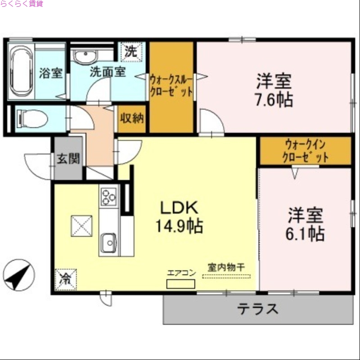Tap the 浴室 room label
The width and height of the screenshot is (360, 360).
point(50,73)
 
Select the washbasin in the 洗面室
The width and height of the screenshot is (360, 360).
point(85,57)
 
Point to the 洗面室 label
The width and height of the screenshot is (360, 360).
point(108,72)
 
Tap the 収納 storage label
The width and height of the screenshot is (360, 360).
point(132,118)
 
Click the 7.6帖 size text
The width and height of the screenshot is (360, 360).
point(274,100)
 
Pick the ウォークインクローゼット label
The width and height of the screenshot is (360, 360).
point(305,151)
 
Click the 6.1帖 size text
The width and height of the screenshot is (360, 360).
point(306,234)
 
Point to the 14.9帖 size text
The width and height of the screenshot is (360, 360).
point(179,226)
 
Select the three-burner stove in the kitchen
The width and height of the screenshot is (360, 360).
point(108,195)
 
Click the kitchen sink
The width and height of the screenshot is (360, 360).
point(108,243)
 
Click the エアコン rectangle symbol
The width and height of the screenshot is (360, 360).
point(180,284)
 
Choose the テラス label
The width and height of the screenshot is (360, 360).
point(258,309)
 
